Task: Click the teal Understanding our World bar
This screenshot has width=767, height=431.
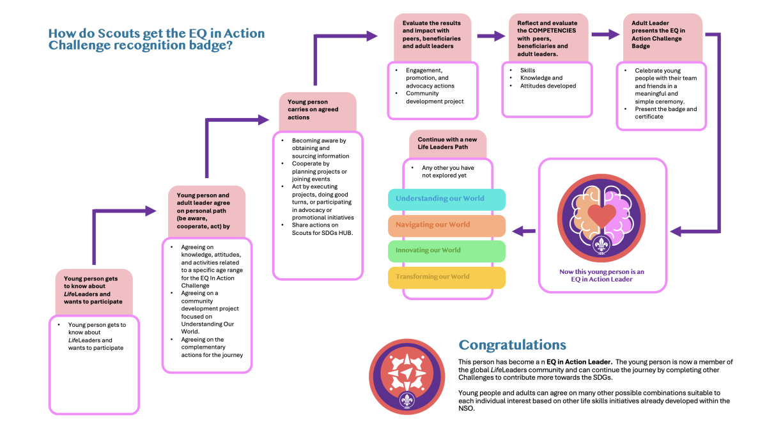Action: (447, 199)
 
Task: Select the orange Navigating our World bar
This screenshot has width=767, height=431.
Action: (447, 225)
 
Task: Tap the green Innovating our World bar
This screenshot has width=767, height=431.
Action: (447, 251)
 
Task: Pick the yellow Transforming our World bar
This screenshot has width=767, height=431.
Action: (447, 277)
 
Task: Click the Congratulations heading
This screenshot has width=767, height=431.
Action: (512, 345)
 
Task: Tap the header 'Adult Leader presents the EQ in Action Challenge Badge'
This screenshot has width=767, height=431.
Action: (659, 34)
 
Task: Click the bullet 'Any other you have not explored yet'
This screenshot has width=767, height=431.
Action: (448, 171)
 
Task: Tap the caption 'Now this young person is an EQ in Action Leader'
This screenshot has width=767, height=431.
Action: (601, 275)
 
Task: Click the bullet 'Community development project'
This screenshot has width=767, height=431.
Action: (435, 97)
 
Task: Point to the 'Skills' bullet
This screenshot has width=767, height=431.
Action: (527, 70)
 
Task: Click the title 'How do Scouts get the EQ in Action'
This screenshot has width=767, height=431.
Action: (157, 34)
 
